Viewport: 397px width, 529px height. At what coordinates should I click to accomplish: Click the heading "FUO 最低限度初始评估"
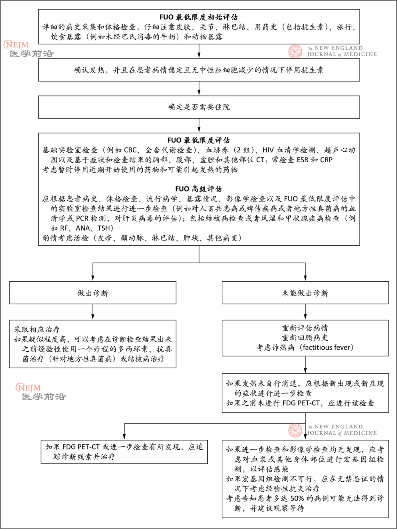[198, 17]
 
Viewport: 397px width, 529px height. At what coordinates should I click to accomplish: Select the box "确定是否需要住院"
[198, 107]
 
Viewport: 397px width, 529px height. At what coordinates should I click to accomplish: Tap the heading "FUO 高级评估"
[198, 189]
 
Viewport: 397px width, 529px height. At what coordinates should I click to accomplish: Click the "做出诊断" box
[93, 293]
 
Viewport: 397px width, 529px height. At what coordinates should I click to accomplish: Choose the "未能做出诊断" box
[305, 293]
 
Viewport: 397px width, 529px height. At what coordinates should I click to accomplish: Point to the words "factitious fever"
[327, 347]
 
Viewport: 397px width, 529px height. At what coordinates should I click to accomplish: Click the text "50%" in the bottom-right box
[297, 498]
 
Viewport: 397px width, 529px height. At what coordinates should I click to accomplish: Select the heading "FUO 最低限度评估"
[198, 140]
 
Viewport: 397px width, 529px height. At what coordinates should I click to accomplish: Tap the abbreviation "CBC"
[130, 150]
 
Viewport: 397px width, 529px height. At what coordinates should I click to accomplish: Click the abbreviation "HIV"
[268, 150]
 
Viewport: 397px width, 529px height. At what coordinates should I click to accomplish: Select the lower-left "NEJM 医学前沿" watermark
[41, 392]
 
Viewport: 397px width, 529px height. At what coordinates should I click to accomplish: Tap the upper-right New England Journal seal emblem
[295, 51]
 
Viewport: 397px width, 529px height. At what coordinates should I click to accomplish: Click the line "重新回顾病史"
[305, 338]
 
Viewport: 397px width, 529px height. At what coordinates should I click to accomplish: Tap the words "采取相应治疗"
[37, 329]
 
